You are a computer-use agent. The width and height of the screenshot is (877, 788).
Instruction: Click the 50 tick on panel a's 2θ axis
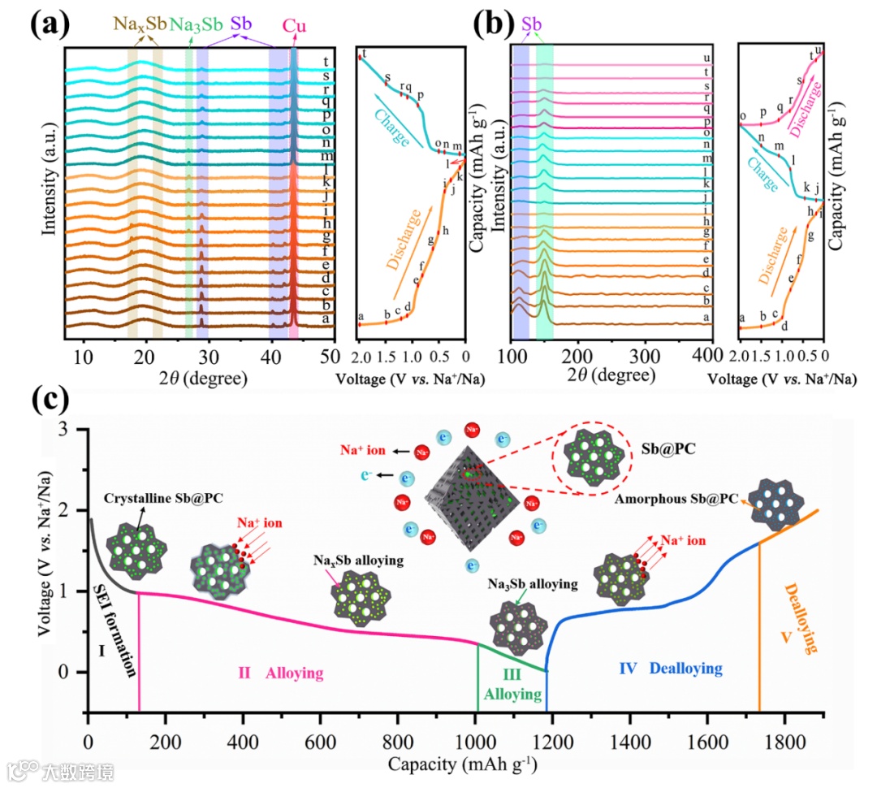click(x=330, y=357)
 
